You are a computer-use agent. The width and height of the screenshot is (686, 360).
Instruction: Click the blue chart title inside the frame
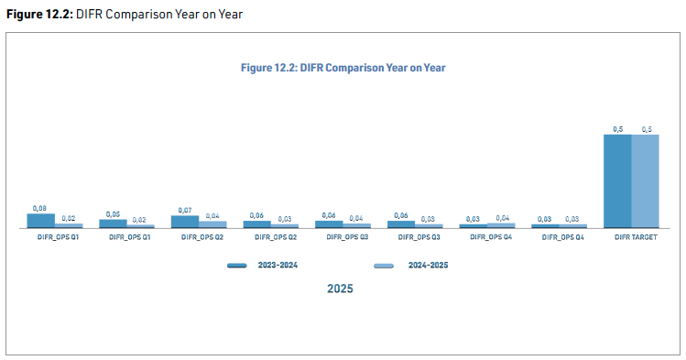pos(343,68)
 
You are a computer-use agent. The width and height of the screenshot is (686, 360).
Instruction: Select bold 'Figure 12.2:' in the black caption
pos(39,15)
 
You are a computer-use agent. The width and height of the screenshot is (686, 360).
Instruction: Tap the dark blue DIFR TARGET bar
pos(617,181)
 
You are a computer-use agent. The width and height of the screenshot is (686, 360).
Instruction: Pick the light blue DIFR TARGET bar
pos(645,181)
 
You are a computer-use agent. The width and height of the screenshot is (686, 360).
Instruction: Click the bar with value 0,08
pos(40,221)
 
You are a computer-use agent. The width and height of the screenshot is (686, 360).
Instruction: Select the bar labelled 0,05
pos(113,224)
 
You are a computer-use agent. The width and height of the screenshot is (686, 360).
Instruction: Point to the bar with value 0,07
pos(185,222)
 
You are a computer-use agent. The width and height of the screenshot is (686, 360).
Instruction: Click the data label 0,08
pos(39,208)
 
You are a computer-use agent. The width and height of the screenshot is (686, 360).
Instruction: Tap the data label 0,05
pos(113,214)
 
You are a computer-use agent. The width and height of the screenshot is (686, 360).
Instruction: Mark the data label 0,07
pos(185,211)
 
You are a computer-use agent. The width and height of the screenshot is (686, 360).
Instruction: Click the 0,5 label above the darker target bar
pos(617,129)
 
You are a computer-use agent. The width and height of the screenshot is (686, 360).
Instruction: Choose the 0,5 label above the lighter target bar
pos(647,129)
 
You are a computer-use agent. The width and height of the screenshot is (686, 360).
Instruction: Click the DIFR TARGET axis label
pos(636,237)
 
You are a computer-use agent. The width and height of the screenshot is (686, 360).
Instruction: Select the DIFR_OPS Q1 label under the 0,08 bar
pos(58,237)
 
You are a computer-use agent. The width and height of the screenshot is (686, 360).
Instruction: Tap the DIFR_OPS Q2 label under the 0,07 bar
pos(202,237)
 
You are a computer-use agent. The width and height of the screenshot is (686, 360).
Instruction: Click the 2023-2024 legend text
pos(278,265)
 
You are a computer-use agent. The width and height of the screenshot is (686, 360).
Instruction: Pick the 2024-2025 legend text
pos(428,265)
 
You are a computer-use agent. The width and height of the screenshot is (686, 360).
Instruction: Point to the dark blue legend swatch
pos(237,266)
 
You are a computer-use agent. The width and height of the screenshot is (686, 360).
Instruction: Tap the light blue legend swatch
pos(384,266)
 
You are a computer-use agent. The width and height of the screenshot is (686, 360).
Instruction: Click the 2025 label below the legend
pos(340,289)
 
